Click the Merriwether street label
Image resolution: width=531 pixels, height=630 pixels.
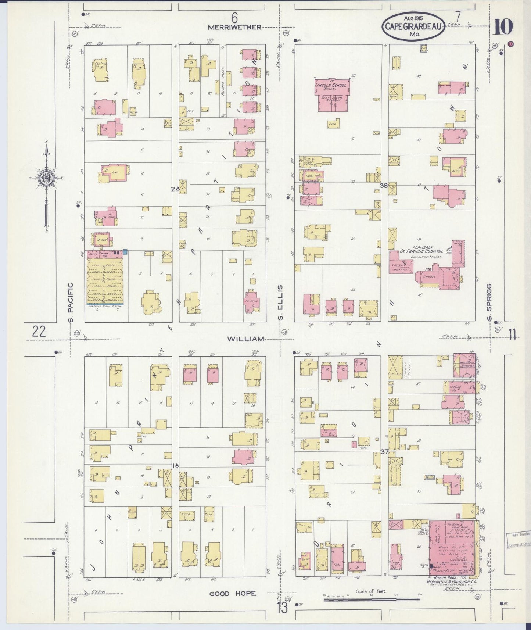234,27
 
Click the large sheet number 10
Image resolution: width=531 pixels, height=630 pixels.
503,26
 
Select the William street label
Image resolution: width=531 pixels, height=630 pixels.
245,339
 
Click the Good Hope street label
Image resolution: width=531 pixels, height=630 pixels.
233,594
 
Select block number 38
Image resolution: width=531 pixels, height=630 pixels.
384,186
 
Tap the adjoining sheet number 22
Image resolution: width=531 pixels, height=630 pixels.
39,332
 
